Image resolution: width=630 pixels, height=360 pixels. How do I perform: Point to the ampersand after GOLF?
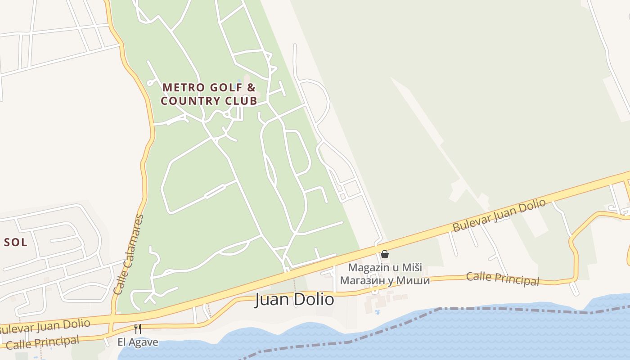tap(252, 87)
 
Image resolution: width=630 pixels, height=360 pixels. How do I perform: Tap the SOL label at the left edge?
tap(15, 243)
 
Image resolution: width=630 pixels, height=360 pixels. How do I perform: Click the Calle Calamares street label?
tap(129, 255)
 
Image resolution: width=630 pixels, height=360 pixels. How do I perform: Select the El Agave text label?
tap(138, 342)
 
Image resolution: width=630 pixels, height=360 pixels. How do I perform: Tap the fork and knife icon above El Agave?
tap(138, 329)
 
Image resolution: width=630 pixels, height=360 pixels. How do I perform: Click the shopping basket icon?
tap(385, 255)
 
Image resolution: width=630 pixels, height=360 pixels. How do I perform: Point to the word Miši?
tap(412, 267)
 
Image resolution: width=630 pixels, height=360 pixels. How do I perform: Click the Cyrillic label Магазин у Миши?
tap(385, 280)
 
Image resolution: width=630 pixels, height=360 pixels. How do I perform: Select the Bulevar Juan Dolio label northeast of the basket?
tap(499, 216)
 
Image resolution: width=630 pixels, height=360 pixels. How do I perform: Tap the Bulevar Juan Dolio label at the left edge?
tap(45, 325)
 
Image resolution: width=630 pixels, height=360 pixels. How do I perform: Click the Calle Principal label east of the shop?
tap(502, 278)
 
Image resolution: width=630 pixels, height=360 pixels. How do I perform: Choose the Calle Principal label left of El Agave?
tap(43, 342)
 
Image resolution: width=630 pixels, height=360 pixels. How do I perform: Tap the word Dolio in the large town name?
tap(315, 299)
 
